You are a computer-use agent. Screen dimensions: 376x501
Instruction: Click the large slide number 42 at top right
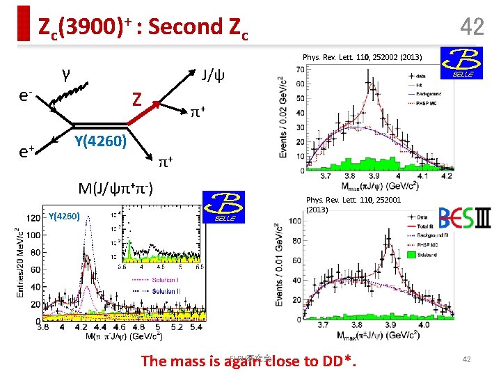tap(472, 27)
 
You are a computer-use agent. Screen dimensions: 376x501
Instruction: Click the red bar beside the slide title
tap(24, 24)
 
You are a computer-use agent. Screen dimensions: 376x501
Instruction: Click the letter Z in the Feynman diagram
tap(138, 100)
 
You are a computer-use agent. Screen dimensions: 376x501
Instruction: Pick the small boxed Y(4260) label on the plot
tap(64, 216)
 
